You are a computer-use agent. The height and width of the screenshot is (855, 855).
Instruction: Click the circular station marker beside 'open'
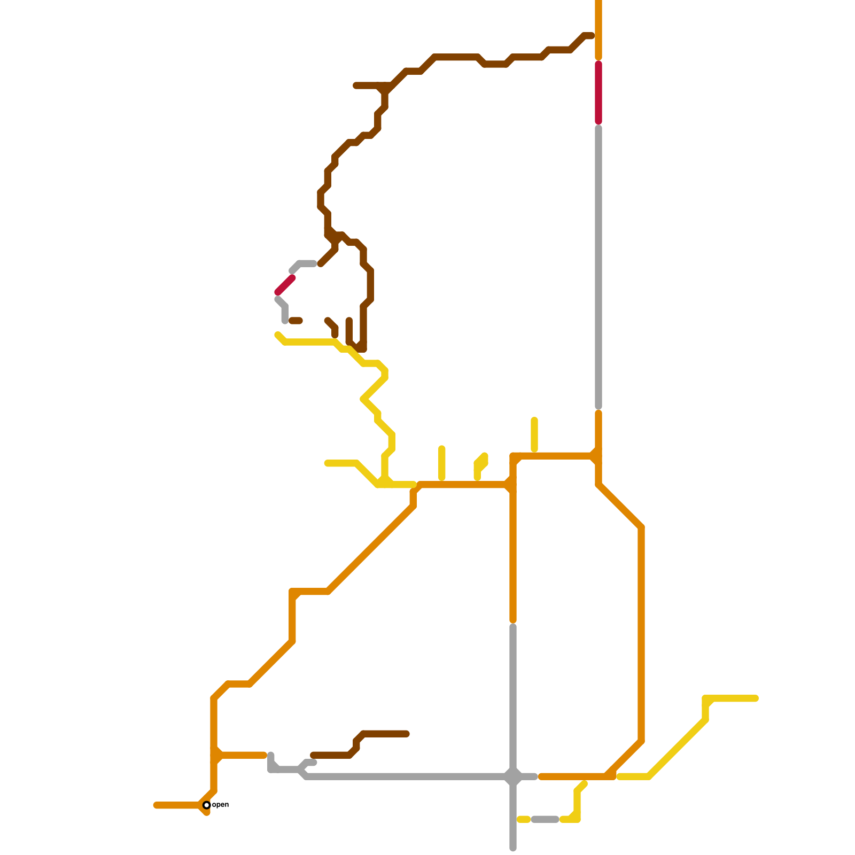coord(207,805)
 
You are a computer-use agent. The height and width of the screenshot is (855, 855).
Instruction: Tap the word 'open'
coord(221,804)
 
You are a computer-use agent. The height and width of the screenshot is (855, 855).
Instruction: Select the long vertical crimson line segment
coord(598,92)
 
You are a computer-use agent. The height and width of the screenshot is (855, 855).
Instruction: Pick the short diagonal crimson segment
coord(285,285)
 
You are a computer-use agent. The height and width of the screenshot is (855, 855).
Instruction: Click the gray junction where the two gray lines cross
coord(513,776)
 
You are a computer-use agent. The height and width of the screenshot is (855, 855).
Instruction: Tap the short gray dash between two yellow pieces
coord(545,819)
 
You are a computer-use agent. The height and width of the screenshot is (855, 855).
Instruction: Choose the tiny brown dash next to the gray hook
coord(296,321)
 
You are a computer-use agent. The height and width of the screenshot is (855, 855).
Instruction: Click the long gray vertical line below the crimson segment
coord(598,267)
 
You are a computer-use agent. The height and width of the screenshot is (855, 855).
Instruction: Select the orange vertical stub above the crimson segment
coord(598,29)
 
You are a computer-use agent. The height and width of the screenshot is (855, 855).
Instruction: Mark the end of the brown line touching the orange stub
coord(590,36)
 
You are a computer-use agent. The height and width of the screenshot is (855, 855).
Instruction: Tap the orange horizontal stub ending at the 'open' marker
coord(176,805)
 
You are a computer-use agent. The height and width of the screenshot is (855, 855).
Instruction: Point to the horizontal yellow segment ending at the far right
coord(732,698)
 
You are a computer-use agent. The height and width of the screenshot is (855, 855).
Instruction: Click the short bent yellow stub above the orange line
coord(480,465)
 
